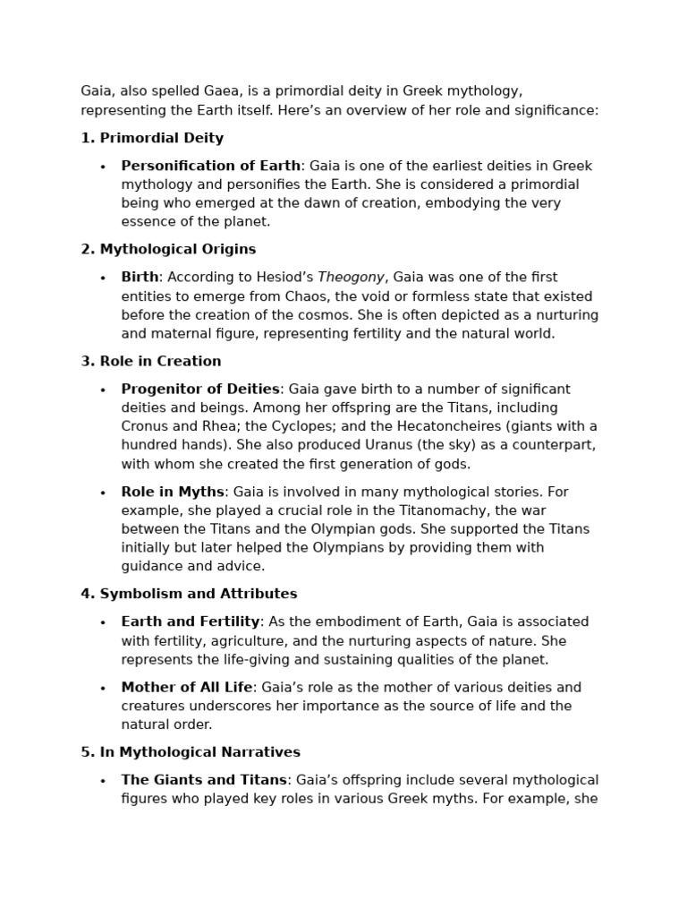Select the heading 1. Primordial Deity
(152, 138)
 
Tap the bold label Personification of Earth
(211, 166)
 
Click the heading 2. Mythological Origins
(168, 249)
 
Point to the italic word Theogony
(351, 278)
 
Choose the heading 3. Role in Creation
(151, 361)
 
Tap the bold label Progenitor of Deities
(201, 389)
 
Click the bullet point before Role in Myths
(103, 493)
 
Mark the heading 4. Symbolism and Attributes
(189, 594)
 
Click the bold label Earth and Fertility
(191, 621)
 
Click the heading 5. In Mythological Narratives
(191, 752)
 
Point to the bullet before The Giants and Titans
(103, 781)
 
